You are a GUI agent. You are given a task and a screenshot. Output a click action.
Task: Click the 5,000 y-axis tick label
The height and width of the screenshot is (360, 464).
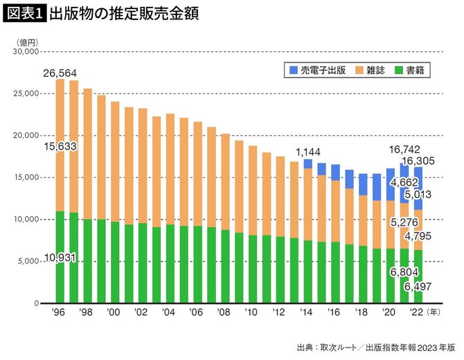30,262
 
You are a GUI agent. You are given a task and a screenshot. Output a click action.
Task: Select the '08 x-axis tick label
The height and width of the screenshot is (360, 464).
224,312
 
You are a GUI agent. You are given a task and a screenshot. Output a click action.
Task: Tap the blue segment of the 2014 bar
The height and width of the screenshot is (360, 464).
307,163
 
